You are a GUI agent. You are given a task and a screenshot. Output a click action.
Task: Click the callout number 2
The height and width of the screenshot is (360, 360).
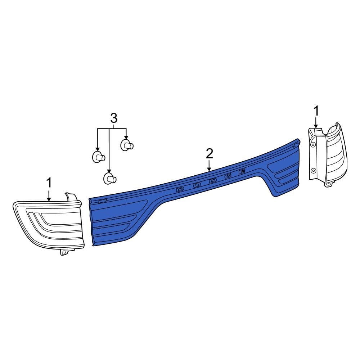(x=210, y=154)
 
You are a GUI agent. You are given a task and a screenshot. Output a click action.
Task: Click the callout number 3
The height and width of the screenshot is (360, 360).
(x=114, y=118)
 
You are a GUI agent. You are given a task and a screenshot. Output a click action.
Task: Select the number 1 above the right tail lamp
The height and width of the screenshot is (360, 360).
(x=316, y=111)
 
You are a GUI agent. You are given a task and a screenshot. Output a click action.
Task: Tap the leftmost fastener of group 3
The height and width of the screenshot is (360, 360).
(x=99, y=157)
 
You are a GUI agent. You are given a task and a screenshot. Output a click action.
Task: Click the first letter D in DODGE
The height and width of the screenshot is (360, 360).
(x=180, y=189)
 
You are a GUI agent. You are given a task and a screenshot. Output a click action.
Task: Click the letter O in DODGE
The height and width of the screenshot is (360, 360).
(x=197, y=185)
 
